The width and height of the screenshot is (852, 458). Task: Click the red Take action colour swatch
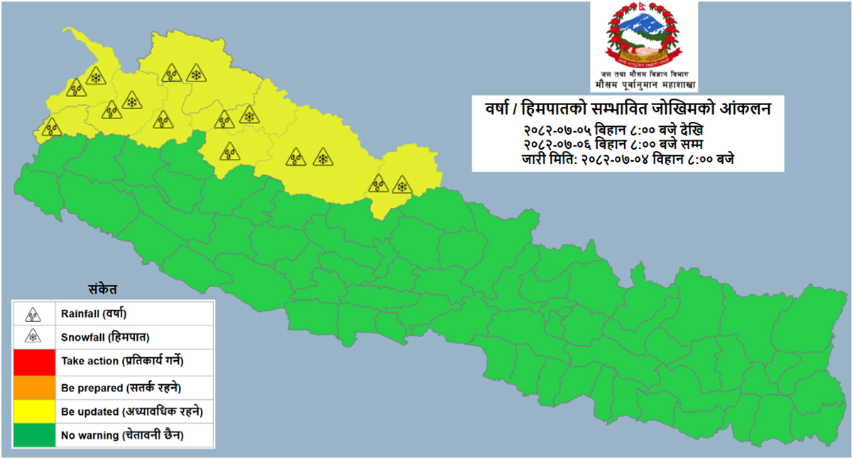tap(34, 361)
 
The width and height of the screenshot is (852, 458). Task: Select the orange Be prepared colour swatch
tap(34, 387)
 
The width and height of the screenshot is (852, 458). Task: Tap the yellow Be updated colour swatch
tap(34, 411)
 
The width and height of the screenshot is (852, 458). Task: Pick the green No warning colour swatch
tap(34, 435)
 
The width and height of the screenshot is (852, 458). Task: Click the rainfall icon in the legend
tap(33, 313)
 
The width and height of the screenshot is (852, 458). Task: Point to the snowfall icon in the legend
tap(33, 337)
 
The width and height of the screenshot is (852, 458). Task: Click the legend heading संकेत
tap(103, 289)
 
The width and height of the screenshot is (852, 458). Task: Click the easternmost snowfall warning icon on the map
tap(402, 185)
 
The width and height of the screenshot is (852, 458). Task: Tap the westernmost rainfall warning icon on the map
tap(51, 128)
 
